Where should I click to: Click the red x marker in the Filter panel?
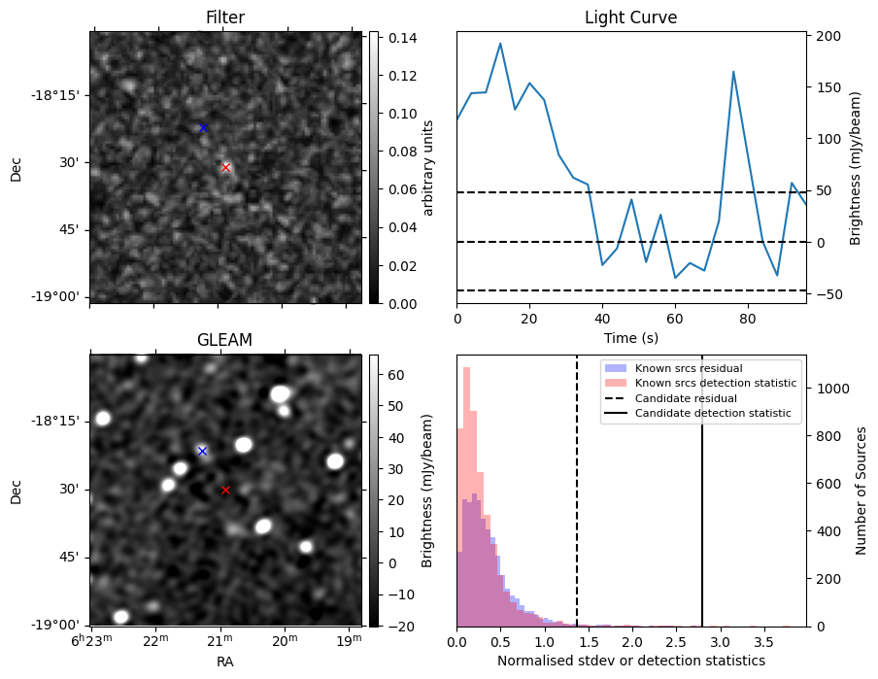(226, 167)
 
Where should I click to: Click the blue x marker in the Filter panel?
(203, 127)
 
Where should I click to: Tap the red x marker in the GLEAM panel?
(226, 490)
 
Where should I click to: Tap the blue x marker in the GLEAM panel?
(203, 451)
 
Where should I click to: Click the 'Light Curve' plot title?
(630, 17)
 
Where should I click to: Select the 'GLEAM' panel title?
(223, 340)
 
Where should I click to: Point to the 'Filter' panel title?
(224, 17)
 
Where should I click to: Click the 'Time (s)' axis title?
(630, 337)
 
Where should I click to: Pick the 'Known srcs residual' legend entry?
(688, 369)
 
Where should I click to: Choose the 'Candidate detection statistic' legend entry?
(713, 414)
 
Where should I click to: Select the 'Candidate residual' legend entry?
(686, 399)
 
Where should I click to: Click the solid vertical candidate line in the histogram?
(702, 505)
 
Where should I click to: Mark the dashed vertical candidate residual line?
(577, 505)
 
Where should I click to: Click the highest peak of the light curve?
(500, 44)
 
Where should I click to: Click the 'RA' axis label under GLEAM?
(224, 662)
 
